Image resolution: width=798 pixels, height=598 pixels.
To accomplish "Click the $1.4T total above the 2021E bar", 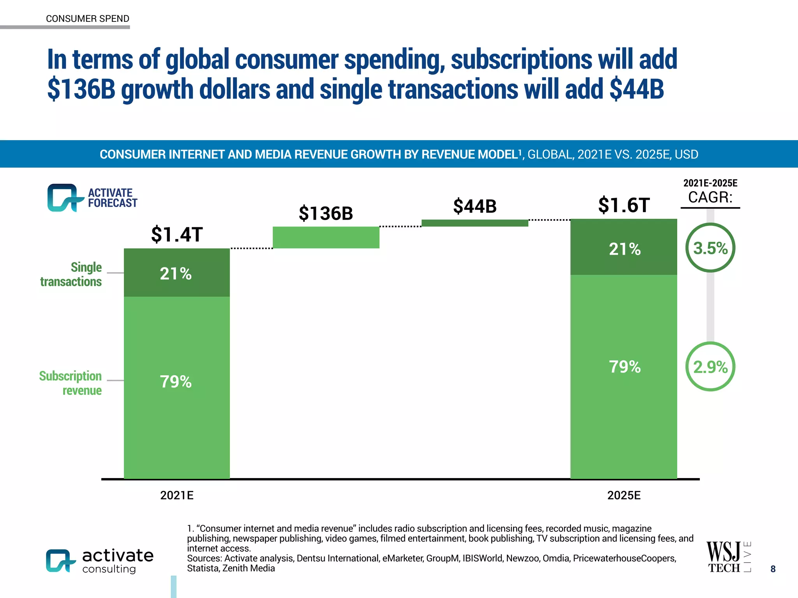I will (x=177, y=234).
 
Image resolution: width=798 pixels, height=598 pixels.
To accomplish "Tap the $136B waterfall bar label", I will (x=326, y=213).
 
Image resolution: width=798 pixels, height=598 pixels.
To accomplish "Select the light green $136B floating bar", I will (x=326, y=237).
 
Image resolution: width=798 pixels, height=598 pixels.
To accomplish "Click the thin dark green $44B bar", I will (x=475, y=223).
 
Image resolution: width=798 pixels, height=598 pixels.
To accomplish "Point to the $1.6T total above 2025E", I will (x=624, y=205).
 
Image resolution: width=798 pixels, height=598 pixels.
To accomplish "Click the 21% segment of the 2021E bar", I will (x=177, y=273).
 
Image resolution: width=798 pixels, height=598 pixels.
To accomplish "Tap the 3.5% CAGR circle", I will (x=710, y=248).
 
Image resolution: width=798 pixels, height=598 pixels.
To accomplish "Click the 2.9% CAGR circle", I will (x=710, y=367).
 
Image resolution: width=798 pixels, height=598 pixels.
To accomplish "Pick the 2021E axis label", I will (x=177, y=495).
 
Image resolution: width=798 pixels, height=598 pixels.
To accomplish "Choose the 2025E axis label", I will (x=624, y=495).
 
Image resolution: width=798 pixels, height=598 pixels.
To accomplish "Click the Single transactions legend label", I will (x=71, y=274).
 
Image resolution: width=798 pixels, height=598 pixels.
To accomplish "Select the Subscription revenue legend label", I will (x=71, y=383).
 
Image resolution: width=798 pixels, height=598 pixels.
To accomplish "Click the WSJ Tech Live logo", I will (x=728, y=557).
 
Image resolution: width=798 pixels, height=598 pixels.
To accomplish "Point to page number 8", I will (x=773, y=569).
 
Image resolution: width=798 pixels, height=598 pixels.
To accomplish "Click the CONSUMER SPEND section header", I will (x=87, y=19).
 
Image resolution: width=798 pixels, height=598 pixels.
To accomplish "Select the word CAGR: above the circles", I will (x=710, y=197).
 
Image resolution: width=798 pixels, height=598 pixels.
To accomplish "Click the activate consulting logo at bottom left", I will (x=100, y=561).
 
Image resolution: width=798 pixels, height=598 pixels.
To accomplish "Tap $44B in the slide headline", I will (x=637, y=90).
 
